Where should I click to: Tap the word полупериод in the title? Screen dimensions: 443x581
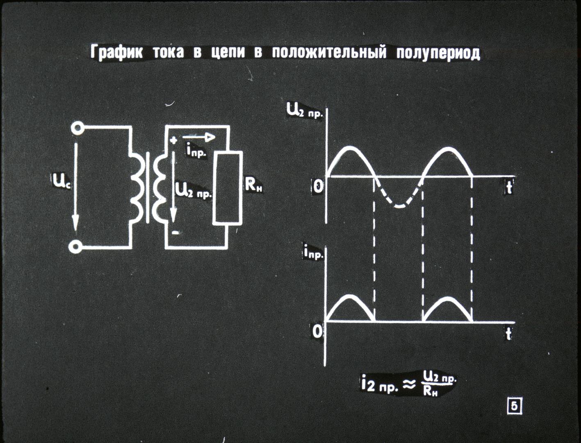pos(438,53)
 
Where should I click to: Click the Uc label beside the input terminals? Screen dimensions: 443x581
pos(62,181)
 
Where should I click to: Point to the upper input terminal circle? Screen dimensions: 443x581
pos(77,128)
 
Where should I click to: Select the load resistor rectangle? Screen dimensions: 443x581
pos(227,187)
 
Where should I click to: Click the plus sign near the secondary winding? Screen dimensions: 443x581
pos(173,140)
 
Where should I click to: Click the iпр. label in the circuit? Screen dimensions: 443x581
pos(196,152)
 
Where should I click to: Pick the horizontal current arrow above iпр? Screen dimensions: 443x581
pos(199,137)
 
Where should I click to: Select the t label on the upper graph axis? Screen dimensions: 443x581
pos(509,187)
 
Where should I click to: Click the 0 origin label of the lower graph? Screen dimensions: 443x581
pos(317,331)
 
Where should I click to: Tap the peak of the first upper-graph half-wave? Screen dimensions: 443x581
pos(350,148)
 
